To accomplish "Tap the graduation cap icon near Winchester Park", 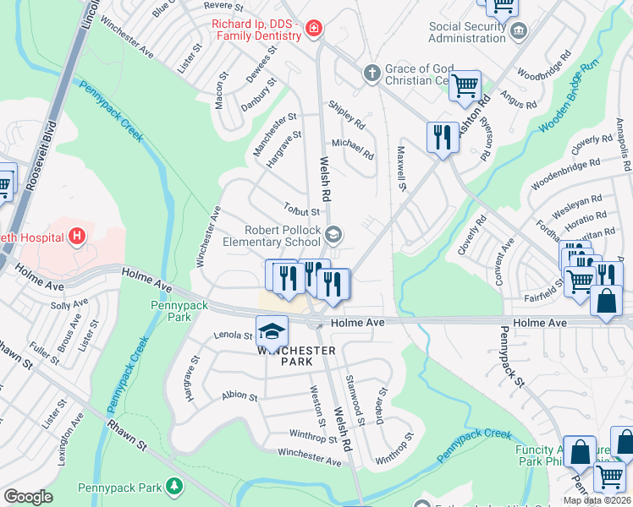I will point(272,330).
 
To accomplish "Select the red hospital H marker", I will point(78,234).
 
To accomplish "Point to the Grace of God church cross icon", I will point(371,74).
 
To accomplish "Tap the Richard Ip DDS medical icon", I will point(314,30).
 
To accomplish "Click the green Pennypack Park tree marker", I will point(173,486).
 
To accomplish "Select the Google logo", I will point(28,497).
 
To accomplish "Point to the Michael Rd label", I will point(352,150).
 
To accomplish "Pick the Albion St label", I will point(239,395).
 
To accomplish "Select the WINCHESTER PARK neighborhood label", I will point(297,356).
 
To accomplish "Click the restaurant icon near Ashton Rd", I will point(442,137).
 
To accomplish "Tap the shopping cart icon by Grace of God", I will point(465,84).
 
